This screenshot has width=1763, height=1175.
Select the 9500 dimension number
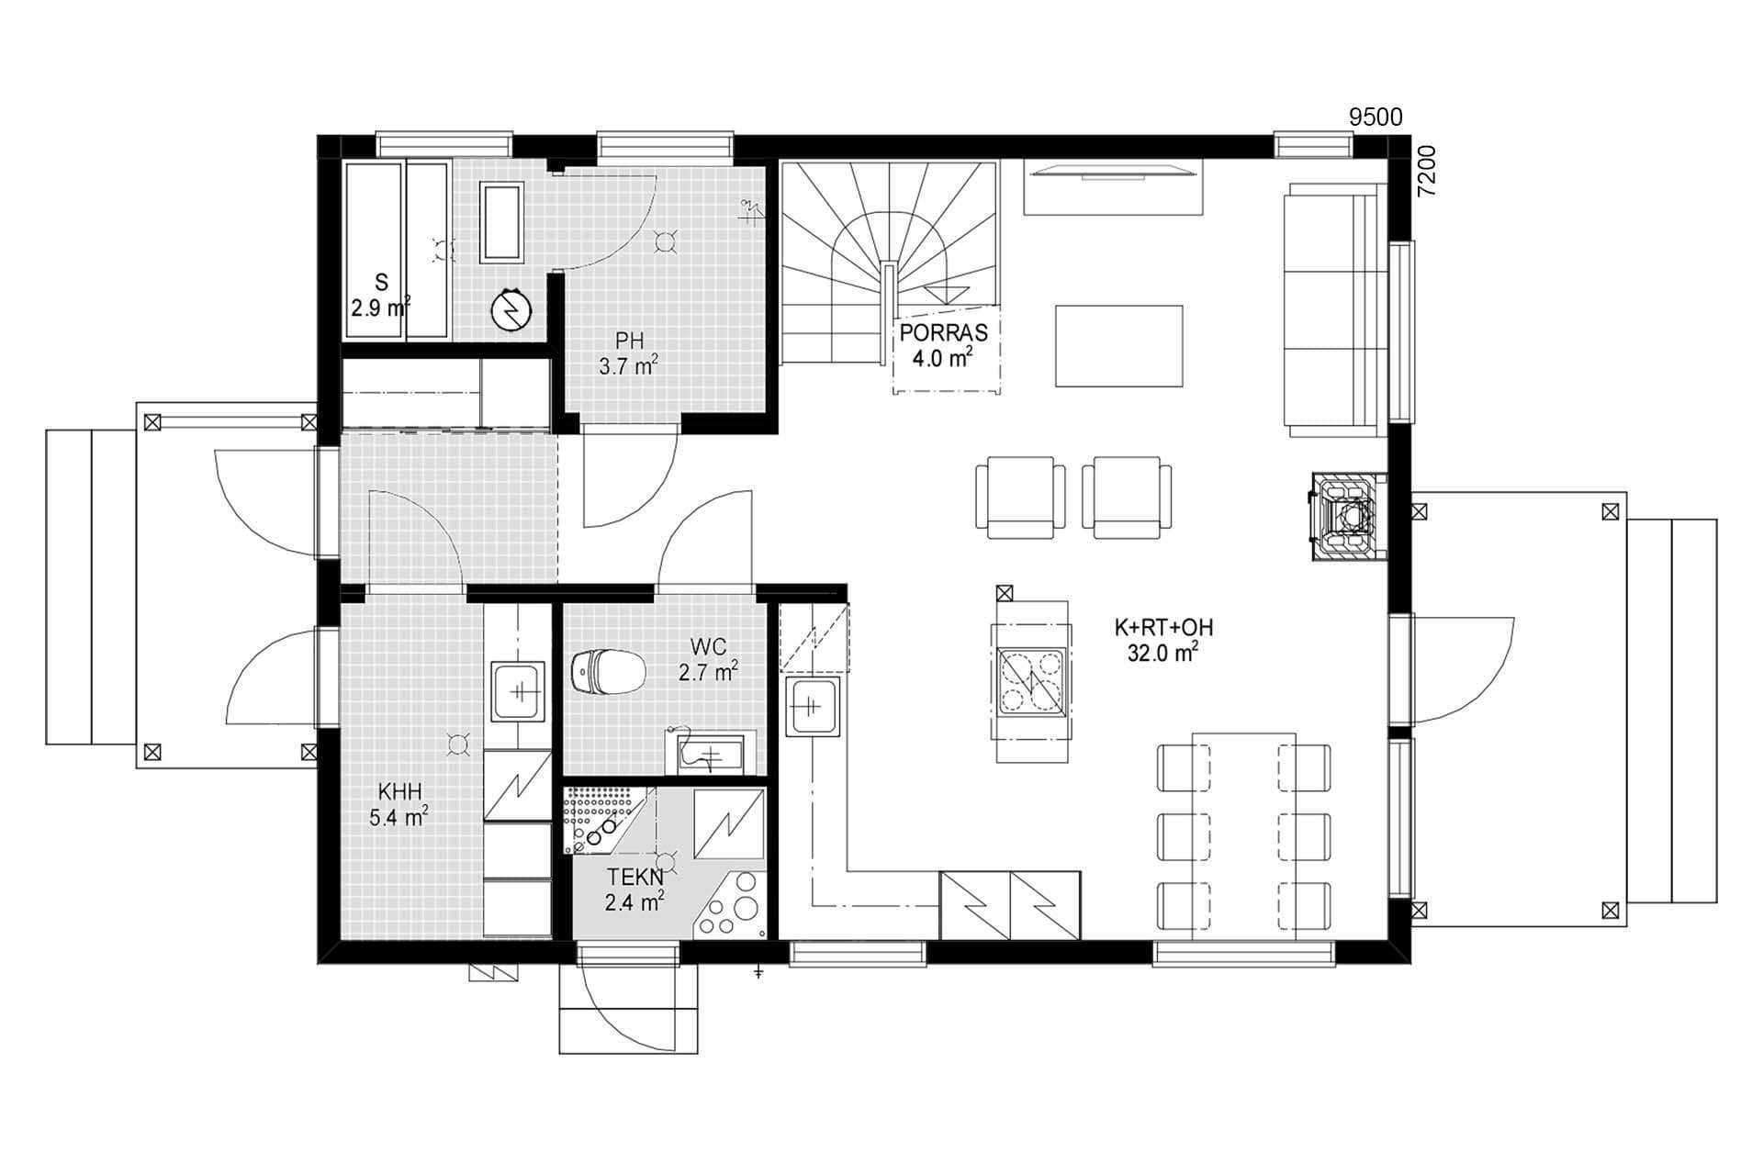click(1375, 117)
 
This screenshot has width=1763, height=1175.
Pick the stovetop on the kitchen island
click(1031, 681)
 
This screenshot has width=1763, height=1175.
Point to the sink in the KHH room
click(520, 692)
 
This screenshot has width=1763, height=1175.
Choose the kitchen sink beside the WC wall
click(812, 707)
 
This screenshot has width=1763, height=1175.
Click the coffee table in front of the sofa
click(1118, 346)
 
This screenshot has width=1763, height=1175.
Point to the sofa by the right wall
click(1335, 308)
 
